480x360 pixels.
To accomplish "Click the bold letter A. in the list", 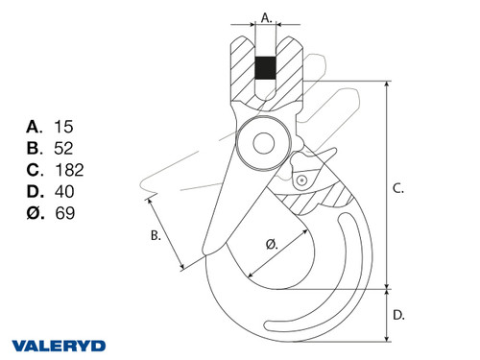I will pos(35,126).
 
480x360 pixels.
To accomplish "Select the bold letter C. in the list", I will pos(35,170).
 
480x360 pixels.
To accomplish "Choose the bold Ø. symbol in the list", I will pos(35,214).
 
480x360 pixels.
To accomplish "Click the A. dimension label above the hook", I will pos(267,16).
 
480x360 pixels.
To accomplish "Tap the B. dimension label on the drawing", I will pos(155,234).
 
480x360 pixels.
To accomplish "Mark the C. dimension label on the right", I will pos(398,190).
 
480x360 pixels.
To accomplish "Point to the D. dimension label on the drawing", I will pos(398,314).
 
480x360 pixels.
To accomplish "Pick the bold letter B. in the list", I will pos(35,148).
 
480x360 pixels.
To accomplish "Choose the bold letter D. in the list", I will pos(35,192).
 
